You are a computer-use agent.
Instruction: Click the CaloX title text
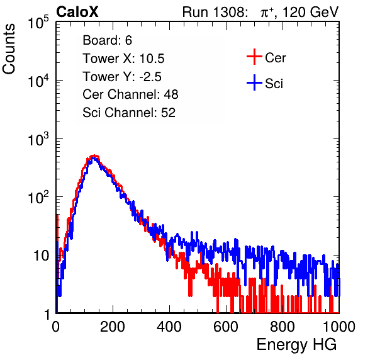click(77, 11)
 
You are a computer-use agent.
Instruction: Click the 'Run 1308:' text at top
click(215, 12)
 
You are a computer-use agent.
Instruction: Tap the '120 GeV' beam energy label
click(311, 12)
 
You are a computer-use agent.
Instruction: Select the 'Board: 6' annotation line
click(107, 40)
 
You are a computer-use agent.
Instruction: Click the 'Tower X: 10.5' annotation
click(123, 59)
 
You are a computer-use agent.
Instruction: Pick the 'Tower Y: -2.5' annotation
click(122, 77)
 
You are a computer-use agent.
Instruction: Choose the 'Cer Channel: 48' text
click(130, 94)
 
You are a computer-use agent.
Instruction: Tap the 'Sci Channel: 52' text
click(129, 112)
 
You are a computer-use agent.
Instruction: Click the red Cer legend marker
click(254, 57)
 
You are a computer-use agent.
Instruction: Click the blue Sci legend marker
click(254, 83)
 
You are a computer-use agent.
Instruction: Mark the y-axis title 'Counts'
click(9, 49)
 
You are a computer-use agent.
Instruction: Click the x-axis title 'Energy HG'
click(296, 344)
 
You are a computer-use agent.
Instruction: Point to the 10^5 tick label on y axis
click(38, 23)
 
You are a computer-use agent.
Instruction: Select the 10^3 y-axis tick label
click(38, 140)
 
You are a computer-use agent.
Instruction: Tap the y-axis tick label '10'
click(41, 256)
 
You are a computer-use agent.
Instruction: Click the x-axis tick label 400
click(169, 327)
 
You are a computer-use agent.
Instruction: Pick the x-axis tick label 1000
click(339, 327)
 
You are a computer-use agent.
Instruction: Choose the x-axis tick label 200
click(113, 327)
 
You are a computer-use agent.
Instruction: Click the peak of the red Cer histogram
click(94, 155)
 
